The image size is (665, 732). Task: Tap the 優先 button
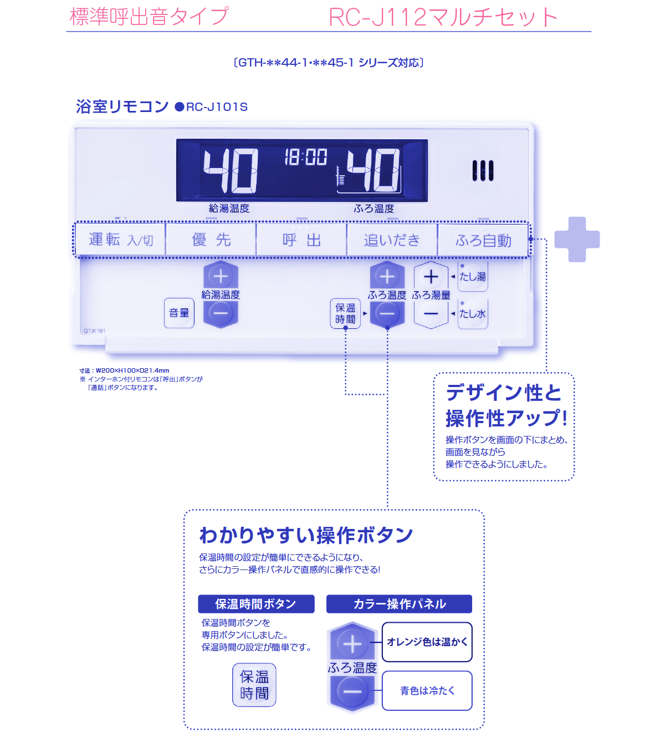click(x=211, y=240)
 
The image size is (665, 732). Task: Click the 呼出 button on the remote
click(x=301, y=240)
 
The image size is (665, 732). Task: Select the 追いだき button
click(x=392, y=240)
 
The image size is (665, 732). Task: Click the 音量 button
click(x=179, y=313)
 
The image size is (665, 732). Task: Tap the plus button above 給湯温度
click(x=221, y=276)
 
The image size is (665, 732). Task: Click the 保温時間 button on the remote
click(x=345, y=313)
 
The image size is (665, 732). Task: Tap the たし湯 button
click(x=473, y=277)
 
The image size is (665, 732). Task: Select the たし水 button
click(x=473, y=314)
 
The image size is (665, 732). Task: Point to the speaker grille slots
click(x=483, y=171)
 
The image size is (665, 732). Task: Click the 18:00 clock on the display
click(x=305, y=157)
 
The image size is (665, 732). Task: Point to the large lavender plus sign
click(x=577, y=239)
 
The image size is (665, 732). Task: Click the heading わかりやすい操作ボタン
click(x=306, y=535)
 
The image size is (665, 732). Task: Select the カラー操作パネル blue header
click(x=399, y=604)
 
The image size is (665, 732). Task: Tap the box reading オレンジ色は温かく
click(x=427, y=642)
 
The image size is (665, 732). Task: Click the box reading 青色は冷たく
click(x=427, y=690)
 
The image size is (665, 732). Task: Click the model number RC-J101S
click(x=217, y=107)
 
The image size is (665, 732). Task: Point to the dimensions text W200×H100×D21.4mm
click(x=132, y=370)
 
